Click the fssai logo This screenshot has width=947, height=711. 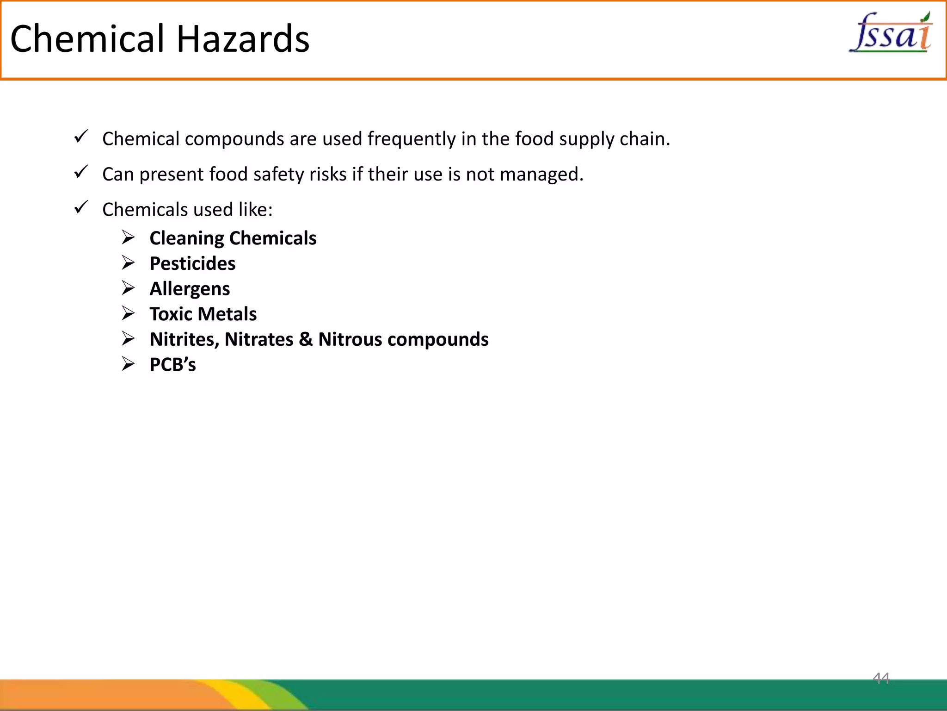point(891,32)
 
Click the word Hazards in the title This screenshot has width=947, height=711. point(243,39)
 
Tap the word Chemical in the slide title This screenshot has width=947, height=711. point(87,39)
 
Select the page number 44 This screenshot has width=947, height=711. point(881,679)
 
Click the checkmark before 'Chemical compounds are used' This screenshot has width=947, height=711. point(81,137)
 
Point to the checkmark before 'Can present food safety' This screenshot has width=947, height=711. point(81,172)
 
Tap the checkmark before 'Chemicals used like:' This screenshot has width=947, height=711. point(81,207)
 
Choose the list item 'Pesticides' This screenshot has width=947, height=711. point(192,263)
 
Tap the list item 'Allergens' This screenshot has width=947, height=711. point(190,289)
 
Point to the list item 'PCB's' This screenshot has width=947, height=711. point(172,364)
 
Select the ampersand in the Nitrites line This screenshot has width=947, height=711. point(306,339)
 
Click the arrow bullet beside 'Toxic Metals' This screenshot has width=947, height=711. point(128,313)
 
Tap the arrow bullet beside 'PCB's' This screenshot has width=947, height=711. point(128,364)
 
